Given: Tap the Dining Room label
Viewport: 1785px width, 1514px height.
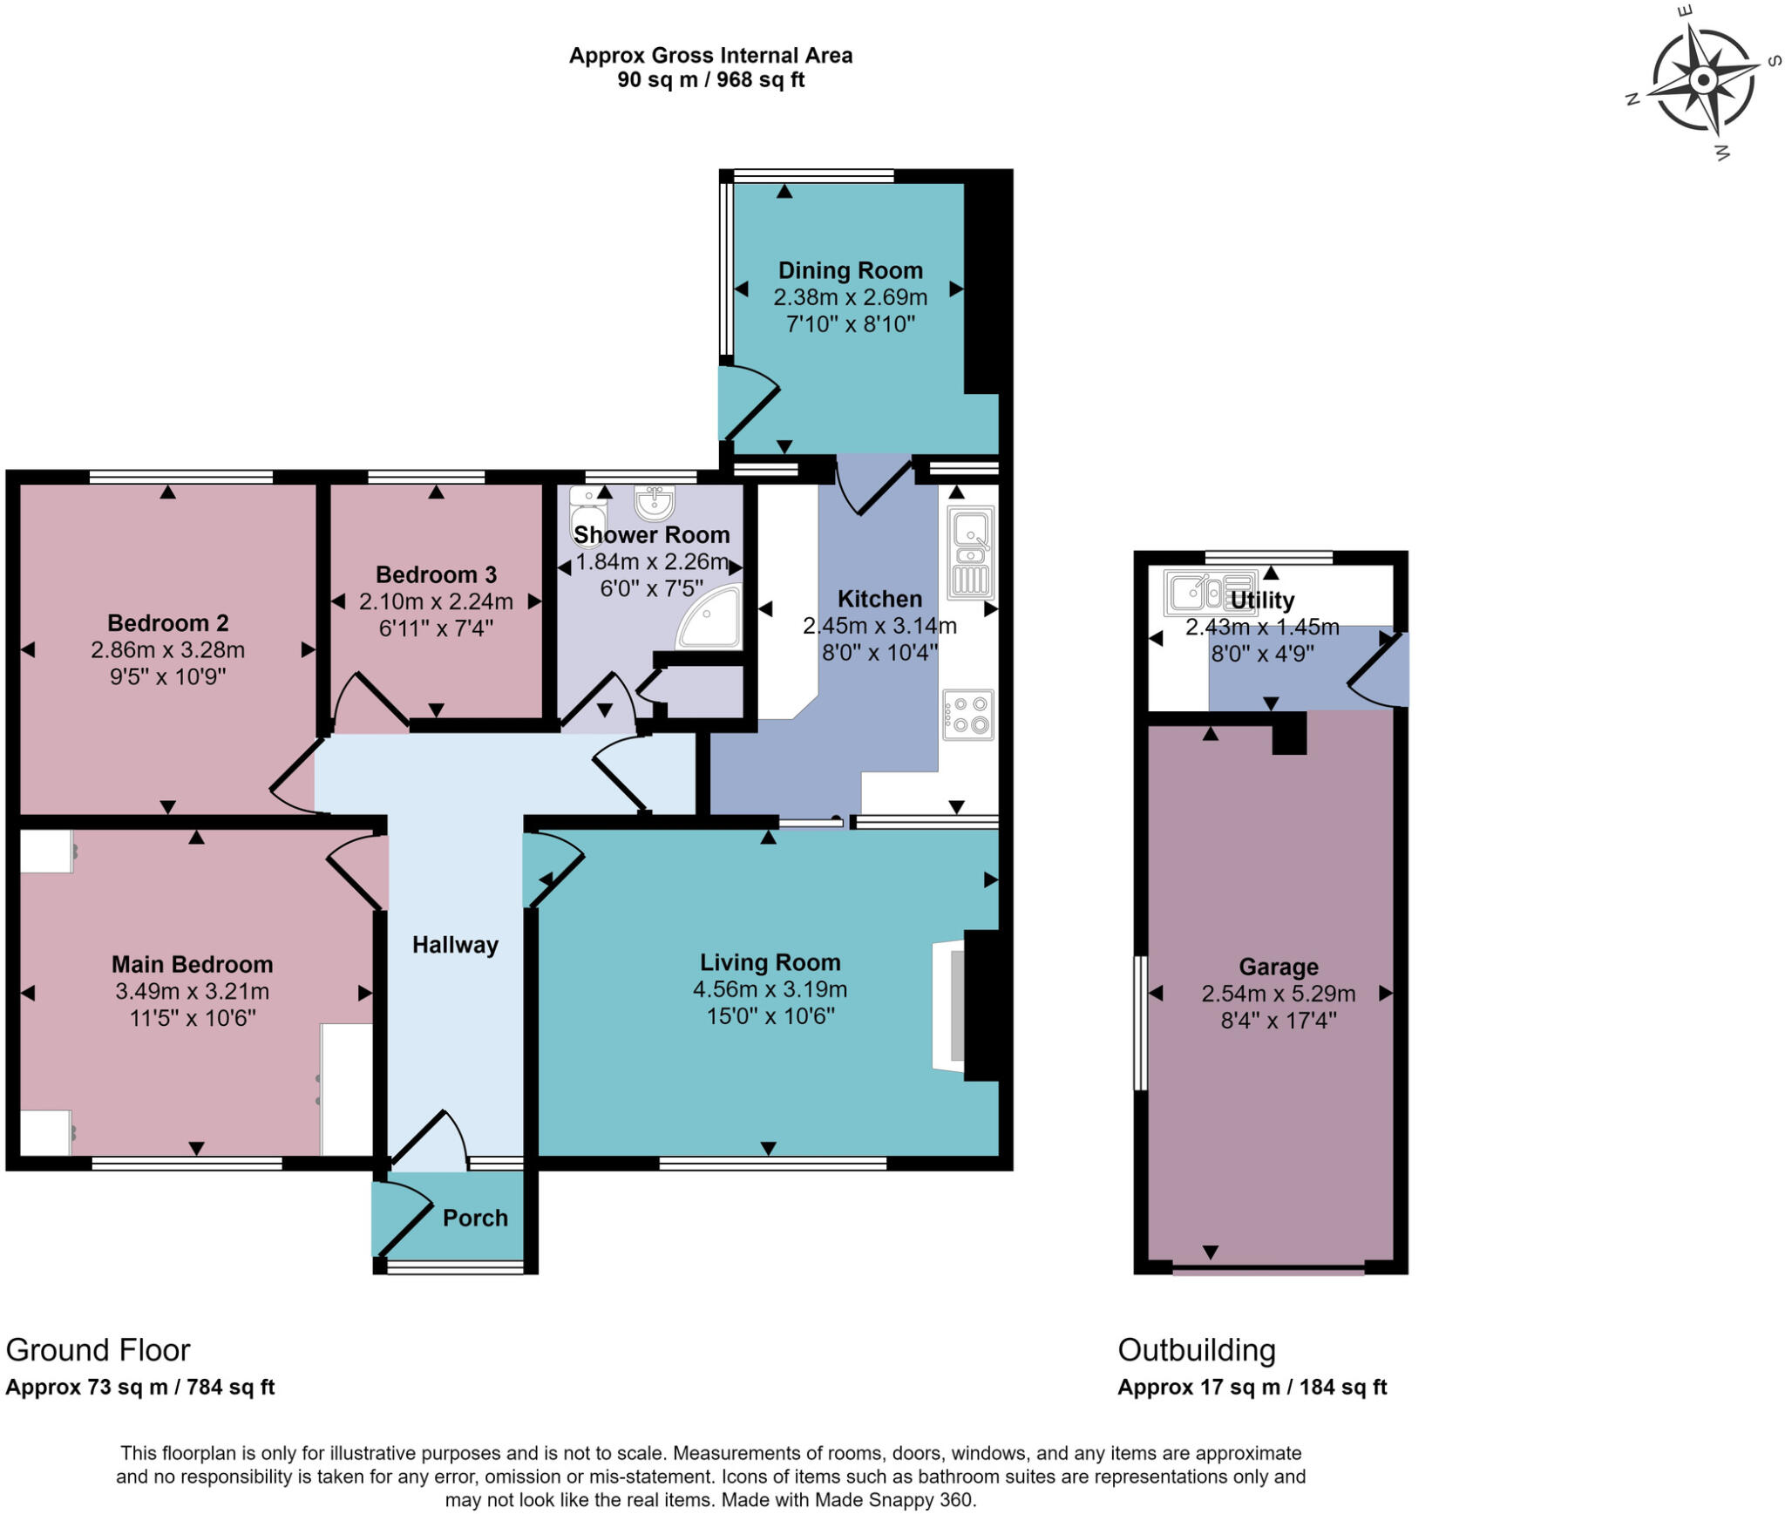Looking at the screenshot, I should tap(850, 271).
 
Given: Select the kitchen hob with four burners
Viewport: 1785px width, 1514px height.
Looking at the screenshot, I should tap(968, 715).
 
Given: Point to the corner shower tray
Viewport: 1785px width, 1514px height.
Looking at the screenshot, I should tap(711, 618).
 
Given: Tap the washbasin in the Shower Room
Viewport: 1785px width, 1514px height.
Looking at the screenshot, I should tap(655, 503).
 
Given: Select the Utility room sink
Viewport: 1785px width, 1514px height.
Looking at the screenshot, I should tap(1210, 593).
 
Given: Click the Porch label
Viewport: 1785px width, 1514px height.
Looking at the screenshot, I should tap(475, 1218).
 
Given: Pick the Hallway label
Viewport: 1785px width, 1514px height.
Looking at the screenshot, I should tap(455, 945).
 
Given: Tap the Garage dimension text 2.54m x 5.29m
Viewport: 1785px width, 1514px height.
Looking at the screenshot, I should tap(1278, 994).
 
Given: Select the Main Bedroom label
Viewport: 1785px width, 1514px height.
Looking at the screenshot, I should tap(192, 964).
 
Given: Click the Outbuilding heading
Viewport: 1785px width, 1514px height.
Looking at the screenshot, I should tap(1196, 1349).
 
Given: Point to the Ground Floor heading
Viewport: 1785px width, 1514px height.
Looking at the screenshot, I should tap(98, 1349).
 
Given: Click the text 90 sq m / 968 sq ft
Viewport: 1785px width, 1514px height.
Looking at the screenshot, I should tap(710, 80).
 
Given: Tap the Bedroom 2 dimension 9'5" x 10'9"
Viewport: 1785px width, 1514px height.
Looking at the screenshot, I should tap(167, 676).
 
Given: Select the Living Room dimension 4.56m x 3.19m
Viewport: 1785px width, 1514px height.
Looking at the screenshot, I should tap(770, 989).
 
